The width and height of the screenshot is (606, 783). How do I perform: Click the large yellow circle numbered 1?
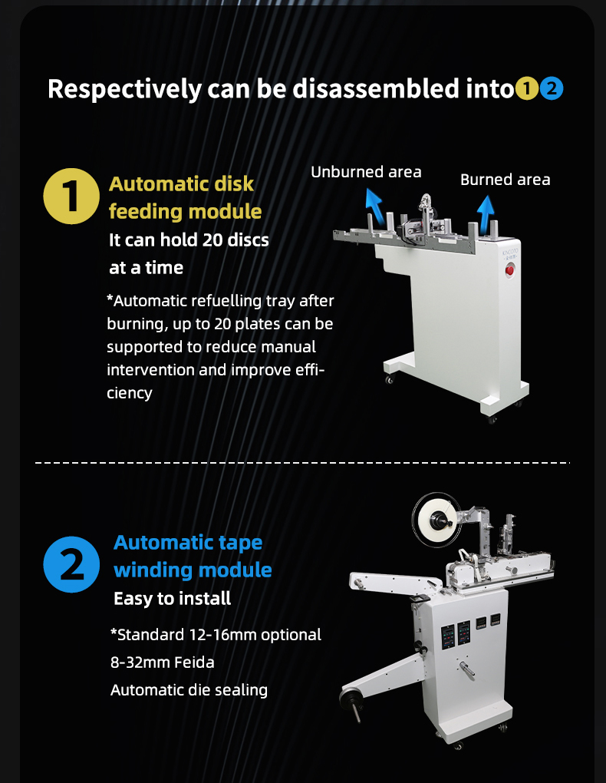(71, 197)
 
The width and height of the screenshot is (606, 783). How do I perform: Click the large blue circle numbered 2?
(71, 564)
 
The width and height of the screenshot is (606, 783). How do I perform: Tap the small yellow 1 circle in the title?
(527, 88)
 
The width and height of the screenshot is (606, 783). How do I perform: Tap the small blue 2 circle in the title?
(552, 88)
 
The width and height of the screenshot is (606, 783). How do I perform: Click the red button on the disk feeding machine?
(509, 271)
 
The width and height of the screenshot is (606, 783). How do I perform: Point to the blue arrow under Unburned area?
(374, 206)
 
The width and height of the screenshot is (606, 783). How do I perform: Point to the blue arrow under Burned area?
(486, 211)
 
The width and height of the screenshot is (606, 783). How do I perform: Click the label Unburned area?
(366, 172)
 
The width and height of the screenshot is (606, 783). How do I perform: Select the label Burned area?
(506, 180)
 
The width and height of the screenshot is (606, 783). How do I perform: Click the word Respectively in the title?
(124, 89)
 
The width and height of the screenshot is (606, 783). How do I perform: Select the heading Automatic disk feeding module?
(185, 198)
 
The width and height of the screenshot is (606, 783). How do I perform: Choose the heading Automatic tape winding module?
(193, 556)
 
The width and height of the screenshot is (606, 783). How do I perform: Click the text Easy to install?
(173, 598)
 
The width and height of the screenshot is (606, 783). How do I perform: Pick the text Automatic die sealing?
(189, 690)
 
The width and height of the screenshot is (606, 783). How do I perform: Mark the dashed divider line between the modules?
(302, 463)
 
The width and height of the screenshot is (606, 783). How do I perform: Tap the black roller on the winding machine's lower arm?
(349, 698)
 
